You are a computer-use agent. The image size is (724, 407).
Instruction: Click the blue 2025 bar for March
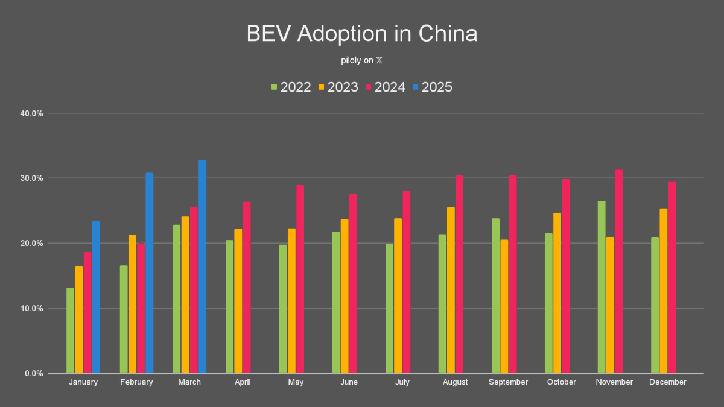click(x=202, y=267)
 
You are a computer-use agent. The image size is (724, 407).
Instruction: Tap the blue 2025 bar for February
click(x=149, y=273)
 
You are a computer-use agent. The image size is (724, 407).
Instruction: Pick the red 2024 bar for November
click(x=618, y=271)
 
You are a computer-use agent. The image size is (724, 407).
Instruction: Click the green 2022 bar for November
click(x=602, y=287)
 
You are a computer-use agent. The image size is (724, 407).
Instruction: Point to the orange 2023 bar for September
click(x=504, y=306)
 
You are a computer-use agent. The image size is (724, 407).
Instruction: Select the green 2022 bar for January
click(x=71, y=330)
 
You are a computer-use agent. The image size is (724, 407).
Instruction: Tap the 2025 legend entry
click(x=432, y=87)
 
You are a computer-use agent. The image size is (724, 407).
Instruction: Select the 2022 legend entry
click(x=291, y=87)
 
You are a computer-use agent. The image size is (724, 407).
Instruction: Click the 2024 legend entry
click(x=385, y=87)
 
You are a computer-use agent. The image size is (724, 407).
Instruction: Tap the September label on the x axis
click(x=508, y=382)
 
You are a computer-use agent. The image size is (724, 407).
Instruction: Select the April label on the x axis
click(x=243, y=382)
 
